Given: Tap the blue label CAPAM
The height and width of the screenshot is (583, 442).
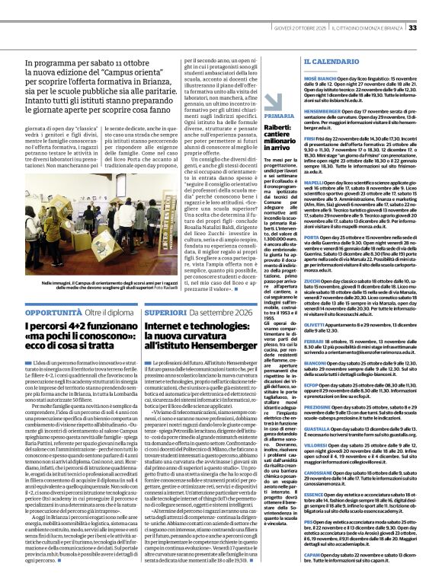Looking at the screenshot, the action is click(x=312, y=556).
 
